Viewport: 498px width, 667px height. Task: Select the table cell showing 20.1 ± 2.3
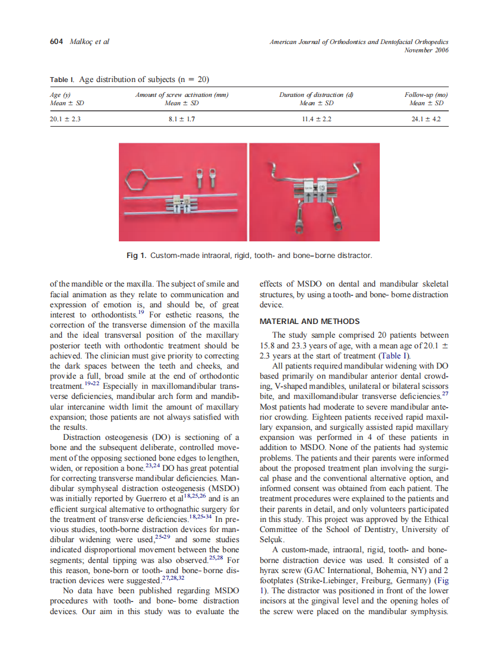(x=64, y=119)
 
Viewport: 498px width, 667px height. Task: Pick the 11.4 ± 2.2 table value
(x=317, y=119)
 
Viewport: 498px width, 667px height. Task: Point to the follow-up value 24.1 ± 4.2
(x=426, y=119)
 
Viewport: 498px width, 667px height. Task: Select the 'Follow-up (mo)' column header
(x=426, y=95)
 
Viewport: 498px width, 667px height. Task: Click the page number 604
(x=56, y=42)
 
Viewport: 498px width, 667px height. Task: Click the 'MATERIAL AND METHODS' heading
(x=310, y=322)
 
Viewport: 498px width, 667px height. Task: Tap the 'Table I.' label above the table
(x=62, y=79)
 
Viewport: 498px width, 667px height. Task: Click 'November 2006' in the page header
(x=426, y=50)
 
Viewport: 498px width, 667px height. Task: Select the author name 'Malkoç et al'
(x=90, y=42)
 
